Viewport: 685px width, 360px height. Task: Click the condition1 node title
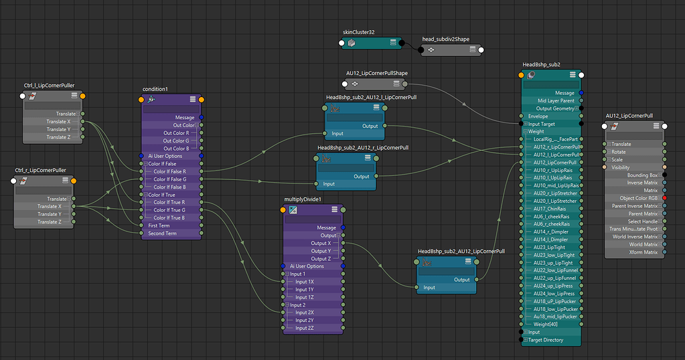point(155,89)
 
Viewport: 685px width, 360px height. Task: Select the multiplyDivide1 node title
point(303,199)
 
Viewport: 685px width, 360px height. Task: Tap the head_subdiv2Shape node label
point(446,39)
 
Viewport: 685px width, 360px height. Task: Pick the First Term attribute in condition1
point(159,226)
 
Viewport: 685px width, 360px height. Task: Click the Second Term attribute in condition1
point(162,234)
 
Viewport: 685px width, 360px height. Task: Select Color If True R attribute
point(169,202)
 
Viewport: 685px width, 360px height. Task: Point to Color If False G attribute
point(169,179)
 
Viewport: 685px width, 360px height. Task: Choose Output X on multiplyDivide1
point(320,243)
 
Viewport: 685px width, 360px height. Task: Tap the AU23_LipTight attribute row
point(550,247)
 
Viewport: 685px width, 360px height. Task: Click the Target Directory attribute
point(545,340)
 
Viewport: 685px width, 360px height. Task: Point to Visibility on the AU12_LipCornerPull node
point(621,167)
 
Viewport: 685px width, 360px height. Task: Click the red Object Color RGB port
point(664,198)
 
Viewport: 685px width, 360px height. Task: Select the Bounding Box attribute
point(643,175)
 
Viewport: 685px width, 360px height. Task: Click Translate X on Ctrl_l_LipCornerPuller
point(58,122)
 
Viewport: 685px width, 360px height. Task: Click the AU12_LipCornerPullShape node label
point(377,73)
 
